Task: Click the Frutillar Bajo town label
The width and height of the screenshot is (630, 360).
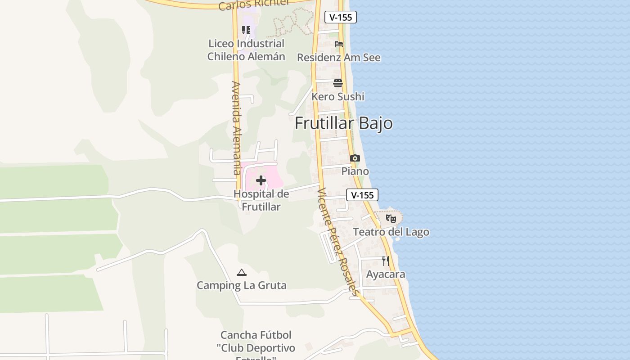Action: click(343, 123)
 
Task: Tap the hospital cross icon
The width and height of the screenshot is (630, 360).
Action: click(261, 180)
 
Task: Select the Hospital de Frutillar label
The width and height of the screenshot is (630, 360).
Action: click(261, 200)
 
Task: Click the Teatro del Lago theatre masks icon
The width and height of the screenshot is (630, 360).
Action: click(391, 219)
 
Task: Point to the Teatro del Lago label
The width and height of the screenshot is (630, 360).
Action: click(391, 232)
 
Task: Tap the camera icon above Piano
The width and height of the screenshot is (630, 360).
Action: click(355, 158)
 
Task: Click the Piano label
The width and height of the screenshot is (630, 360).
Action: click(355, 171)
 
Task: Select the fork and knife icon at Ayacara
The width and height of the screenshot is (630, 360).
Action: click(386, 261)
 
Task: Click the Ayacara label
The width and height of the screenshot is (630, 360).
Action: click(386, 274)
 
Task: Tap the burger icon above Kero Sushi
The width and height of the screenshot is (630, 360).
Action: click(338, 83)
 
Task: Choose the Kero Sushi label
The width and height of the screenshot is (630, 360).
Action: click(338, 96)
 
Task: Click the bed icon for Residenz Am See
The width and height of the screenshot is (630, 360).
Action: click(339, 44)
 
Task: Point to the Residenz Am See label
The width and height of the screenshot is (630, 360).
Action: click(339, 58)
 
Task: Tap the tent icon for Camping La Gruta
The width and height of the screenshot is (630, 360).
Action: click(242, 272)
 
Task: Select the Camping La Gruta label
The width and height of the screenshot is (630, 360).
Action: click(242, 285)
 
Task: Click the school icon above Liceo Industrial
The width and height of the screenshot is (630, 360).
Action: click(246, 30)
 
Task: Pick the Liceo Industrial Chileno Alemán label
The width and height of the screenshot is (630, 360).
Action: click(246, 50)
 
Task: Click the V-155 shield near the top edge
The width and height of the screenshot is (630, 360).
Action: click(341, 17)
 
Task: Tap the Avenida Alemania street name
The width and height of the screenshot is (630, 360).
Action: click(237, 128)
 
